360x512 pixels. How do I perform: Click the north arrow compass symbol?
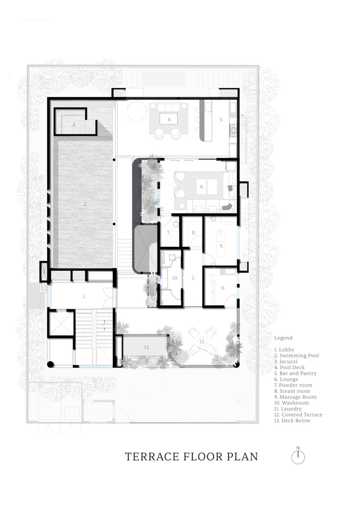pyautogui.click(x=298, y=456)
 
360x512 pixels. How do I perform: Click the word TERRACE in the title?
pyautogui.click(x=151, y=457)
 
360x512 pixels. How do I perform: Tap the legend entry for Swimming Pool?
pyautogui.click(x=297, y=356)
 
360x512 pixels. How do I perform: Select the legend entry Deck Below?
pyautogui.click(x=292, y=420)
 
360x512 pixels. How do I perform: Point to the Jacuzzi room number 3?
pyautogui.click(x=74, y=124)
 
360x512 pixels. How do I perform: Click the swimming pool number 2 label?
pyautogui.click(x=85, y=204)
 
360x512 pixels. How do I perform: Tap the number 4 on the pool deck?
pyautogui.click(x=170, y=119)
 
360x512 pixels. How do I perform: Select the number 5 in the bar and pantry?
pyautogui.click(x=221, y=119)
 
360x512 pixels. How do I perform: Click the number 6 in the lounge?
pyautogui.click(x=202, y=187)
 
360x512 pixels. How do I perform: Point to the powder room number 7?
pyautogui.click(x=168, y=233)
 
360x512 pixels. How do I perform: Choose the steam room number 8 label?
pyautogui.click(x=194, y=232)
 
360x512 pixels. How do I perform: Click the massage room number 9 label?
pyautogui.click(x=221, y=246)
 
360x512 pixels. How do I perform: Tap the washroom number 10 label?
pyautogui.click(x=175, y=278)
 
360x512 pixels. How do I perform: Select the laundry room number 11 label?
pyautogui.click(x=223, y=288)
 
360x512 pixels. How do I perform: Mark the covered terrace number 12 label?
pyautogui.click(x=202, y=342)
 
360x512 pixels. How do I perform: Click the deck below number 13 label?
pyautogui.click(x=147, y=348)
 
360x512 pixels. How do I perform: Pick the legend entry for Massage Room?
pyautogui.click(x=295, y=397)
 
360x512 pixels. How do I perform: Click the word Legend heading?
pyautogui.click(x=283, y=338)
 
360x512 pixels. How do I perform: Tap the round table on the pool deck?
pyautogui.click(x=137, y=111)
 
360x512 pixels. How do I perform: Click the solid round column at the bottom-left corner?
pyautogui.click(x=50, y=365)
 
